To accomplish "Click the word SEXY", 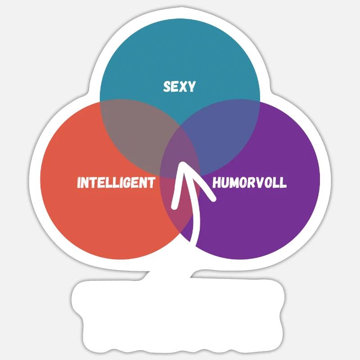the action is (179, 86).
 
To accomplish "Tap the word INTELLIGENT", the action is (116, 183).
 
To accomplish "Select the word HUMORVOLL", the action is (250, 183).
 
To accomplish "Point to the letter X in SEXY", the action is (183, 86).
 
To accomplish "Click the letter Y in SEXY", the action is (192, 86).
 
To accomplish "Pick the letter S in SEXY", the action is (167, 86).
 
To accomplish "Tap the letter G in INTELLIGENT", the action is (128, 183).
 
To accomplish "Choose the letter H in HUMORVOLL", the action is (216, 183).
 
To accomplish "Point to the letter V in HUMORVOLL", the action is (258, 183).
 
